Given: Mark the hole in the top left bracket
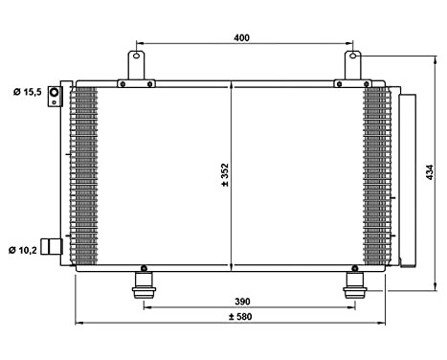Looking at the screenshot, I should (136, 56).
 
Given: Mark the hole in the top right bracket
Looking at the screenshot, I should (353, 56).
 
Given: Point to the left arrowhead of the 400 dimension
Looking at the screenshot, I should (140, 43).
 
